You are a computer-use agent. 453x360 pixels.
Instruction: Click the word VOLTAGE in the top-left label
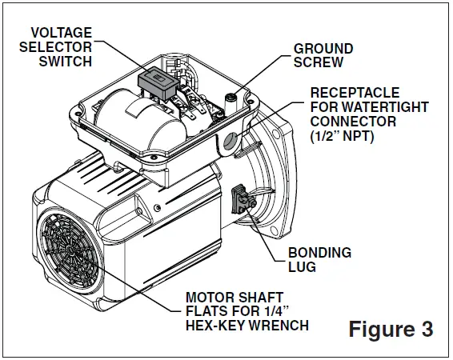pos(62,33)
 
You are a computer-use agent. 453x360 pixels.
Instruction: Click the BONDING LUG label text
pos(319,260)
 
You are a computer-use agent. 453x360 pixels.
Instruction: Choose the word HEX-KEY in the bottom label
pos(213,326)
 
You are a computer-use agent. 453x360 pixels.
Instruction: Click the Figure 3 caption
pos(391,328)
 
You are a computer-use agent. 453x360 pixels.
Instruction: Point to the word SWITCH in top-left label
pos(68,62)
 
